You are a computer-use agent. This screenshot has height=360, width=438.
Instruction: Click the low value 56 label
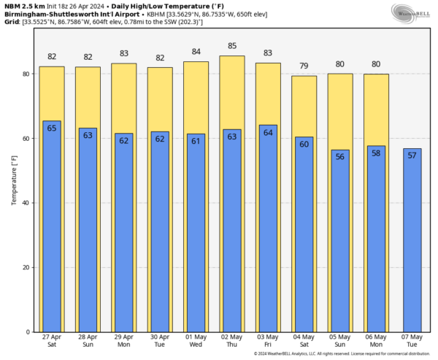click(340, 156)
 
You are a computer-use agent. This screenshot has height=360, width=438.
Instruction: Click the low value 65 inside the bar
click(52, 128)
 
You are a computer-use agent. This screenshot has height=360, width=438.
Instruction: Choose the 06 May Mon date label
click(376, 342)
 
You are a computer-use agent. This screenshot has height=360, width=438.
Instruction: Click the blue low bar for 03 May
click(268, 234)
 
